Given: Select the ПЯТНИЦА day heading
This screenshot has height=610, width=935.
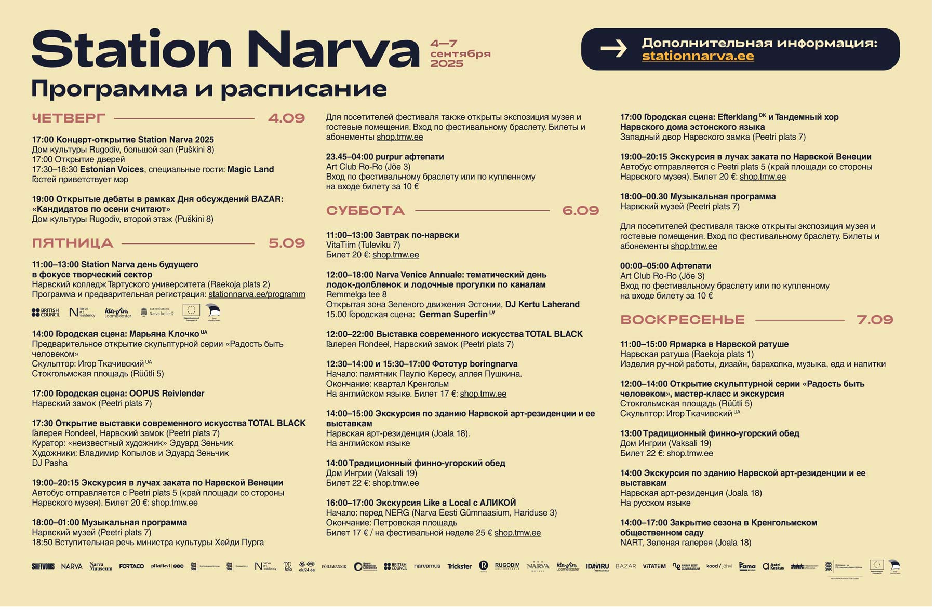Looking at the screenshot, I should point(73,243).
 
